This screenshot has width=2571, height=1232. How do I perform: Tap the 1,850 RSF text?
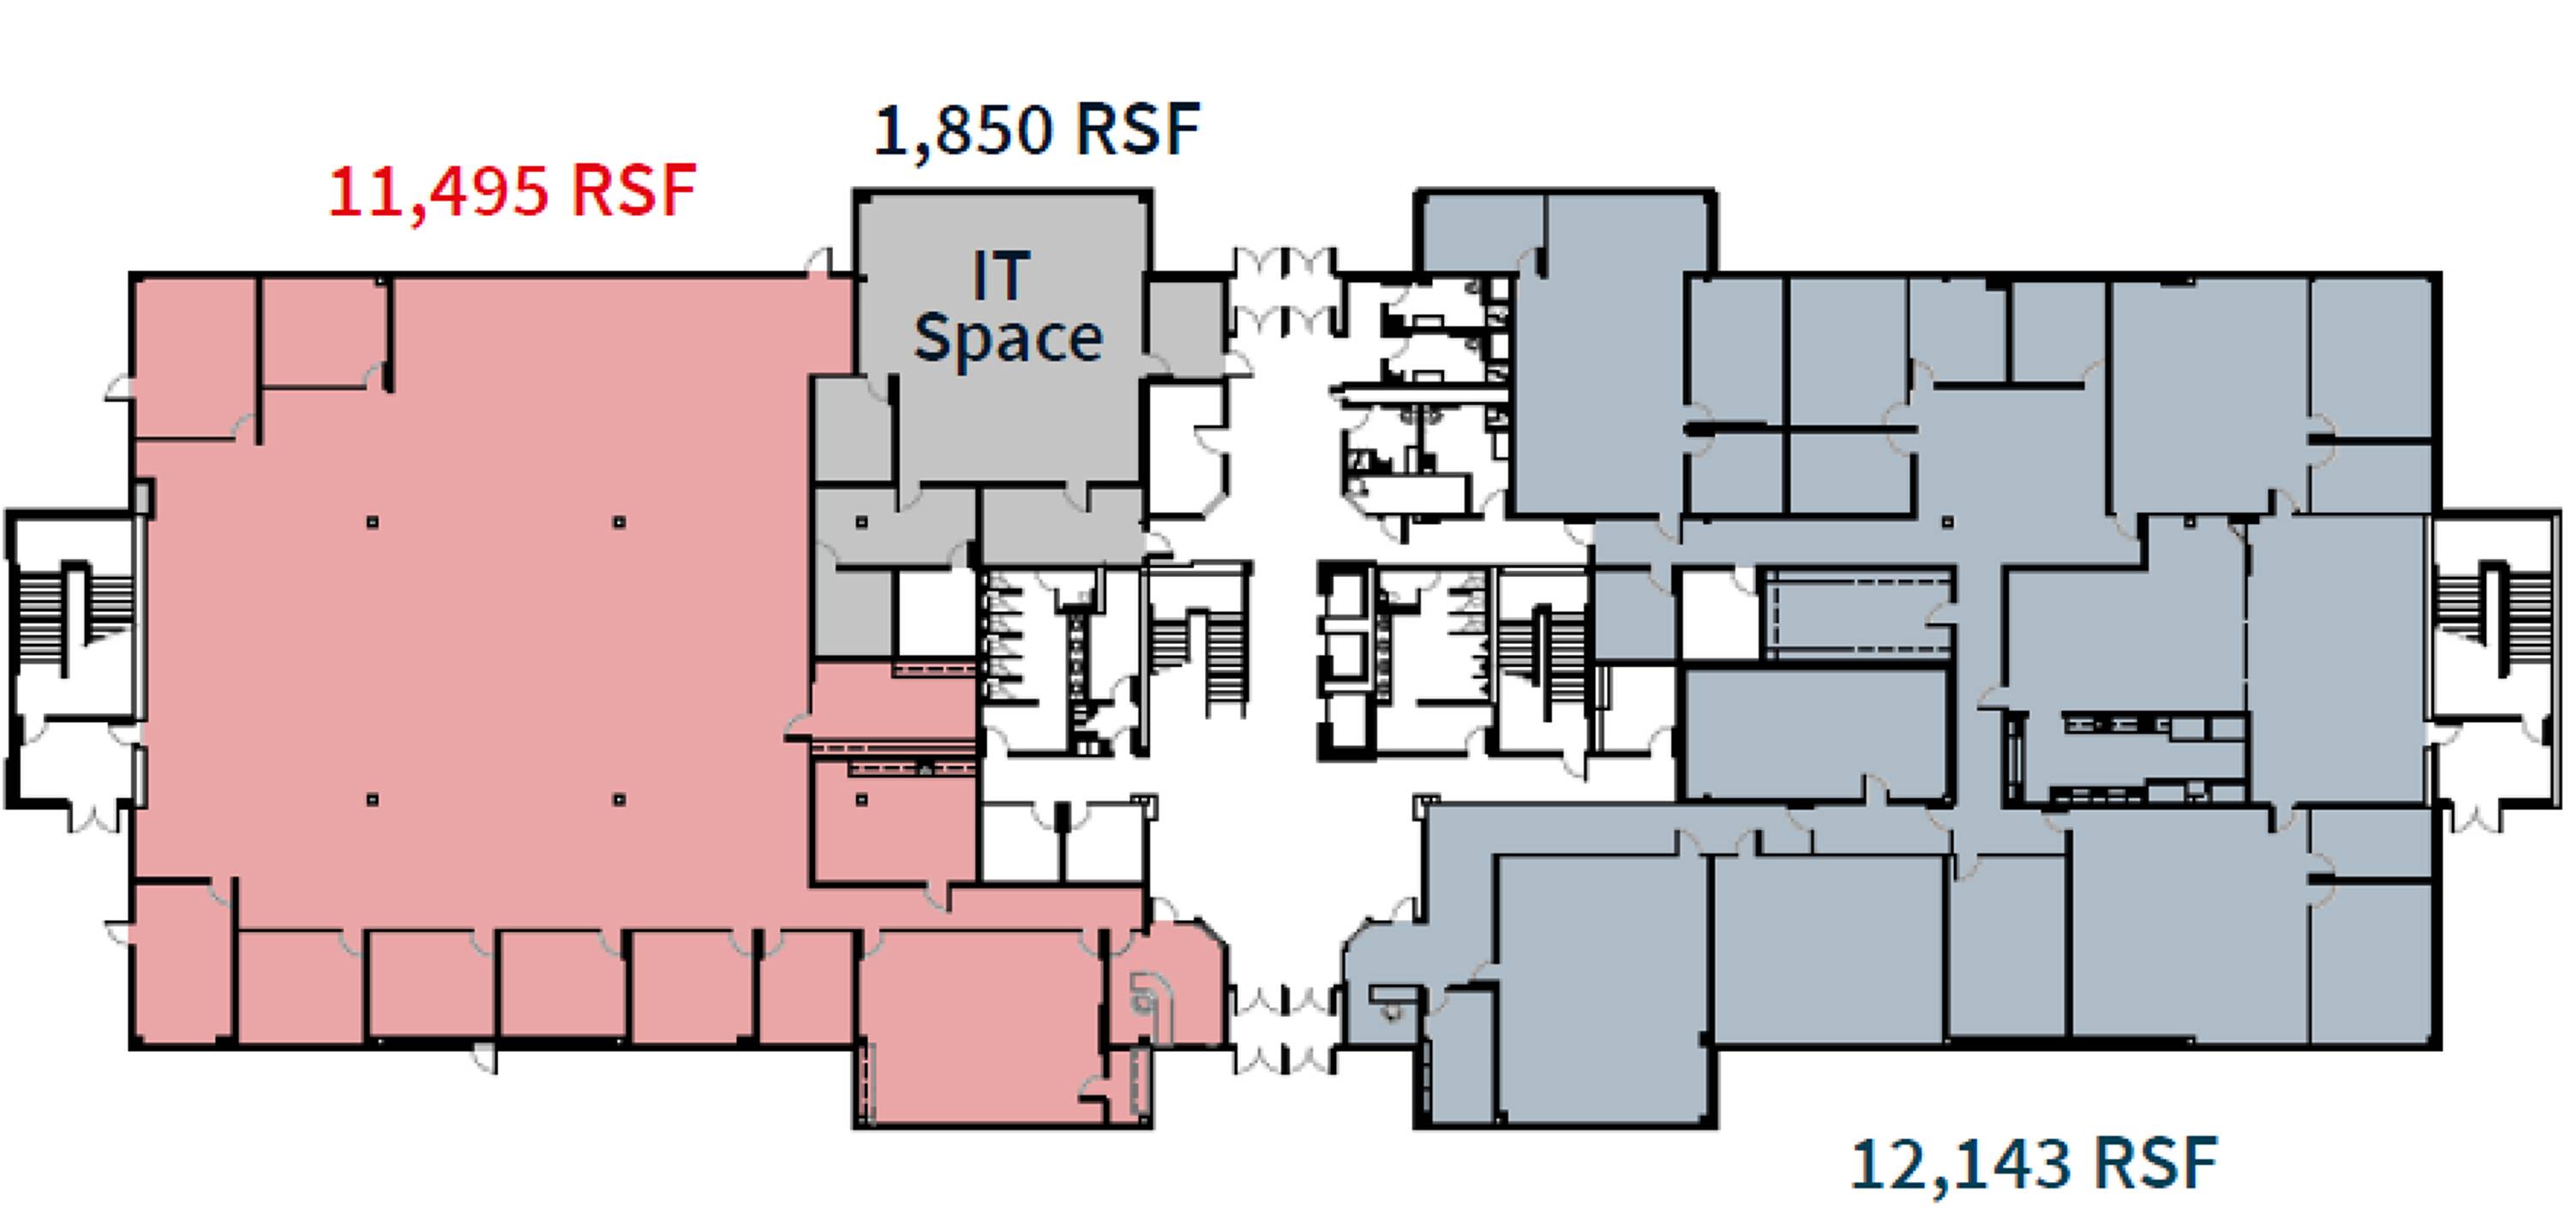click(x=1037, y=129)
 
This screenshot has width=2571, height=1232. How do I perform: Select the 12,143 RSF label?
click(x=2034, y=1164)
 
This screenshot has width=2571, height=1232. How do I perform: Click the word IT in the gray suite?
click(x=1001, y=275)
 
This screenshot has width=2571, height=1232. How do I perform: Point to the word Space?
click(x=1008, y=340)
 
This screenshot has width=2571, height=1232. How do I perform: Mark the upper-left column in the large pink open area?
click(x=372, y=522)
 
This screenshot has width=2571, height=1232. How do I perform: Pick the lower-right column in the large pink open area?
click(x=619, y=800)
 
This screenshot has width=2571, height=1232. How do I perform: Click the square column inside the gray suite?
click(x=861, y=522)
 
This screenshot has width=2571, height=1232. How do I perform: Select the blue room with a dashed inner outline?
click(x=1858, y=611)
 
